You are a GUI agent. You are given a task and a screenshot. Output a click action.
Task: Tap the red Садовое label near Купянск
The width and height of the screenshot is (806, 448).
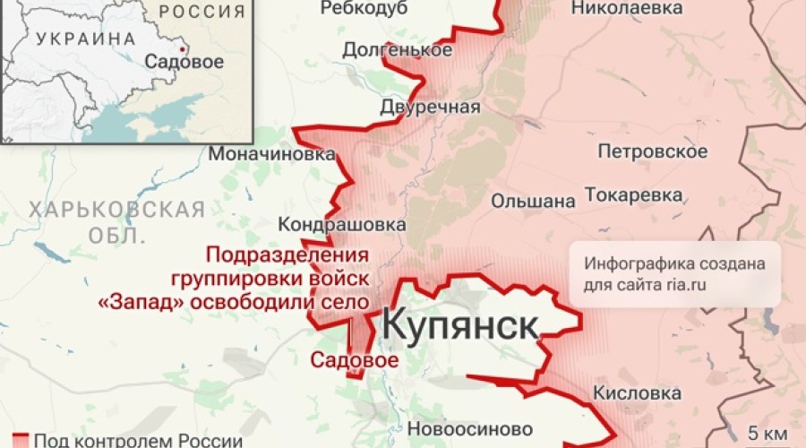[354, 359]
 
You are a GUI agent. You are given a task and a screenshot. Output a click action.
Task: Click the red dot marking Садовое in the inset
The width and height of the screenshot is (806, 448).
[183, 48]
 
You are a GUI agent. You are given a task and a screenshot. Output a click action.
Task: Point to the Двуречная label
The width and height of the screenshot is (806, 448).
[424, 108]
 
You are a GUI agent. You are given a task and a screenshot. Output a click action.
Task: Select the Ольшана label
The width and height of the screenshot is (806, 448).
[534, 201]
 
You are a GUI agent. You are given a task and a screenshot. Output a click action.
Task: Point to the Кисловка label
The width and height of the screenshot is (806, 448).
[636, 393]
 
